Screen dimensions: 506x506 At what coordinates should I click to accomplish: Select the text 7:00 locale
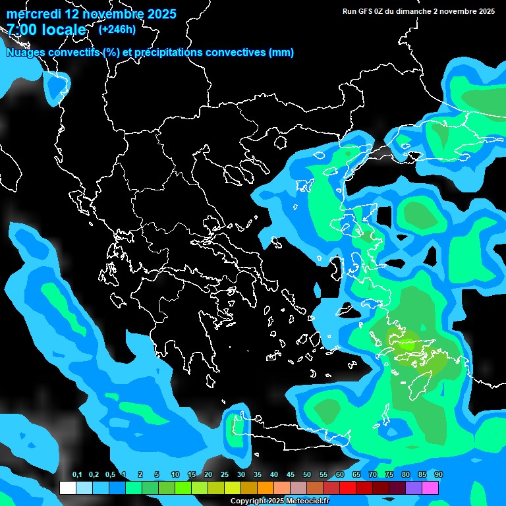coord(46,30)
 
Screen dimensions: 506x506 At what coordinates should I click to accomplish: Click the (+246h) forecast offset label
coord(117,29)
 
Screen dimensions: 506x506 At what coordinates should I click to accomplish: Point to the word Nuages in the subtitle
coord(26,53)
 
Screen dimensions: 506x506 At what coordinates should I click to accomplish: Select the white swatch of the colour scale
coord(68,488)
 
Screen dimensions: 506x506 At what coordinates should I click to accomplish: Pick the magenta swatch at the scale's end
coord(430,488)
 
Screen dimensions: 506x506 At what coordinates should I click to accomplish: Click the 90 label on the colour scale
coord(439,475)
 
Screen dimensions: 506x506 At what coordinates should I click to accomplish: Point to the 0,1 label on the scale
coord(77,475)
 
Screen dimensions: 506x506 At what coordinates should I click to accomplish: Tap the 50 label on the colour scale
coord(307,475)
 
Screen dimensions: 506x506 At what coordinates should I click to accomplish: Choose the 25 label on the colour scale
coord(225,475)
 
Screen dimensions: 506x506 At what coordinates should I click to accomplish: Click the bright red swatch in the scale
coord(348,488)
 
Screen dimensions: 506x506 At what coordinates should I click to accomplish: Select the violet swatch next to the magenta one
coord(414,488)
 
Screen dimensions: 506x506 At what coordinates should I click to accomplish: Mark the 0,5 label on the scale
coord(110,475)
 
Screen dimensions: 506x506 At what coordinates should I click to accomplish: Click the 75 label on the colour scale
coord(389,475)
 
